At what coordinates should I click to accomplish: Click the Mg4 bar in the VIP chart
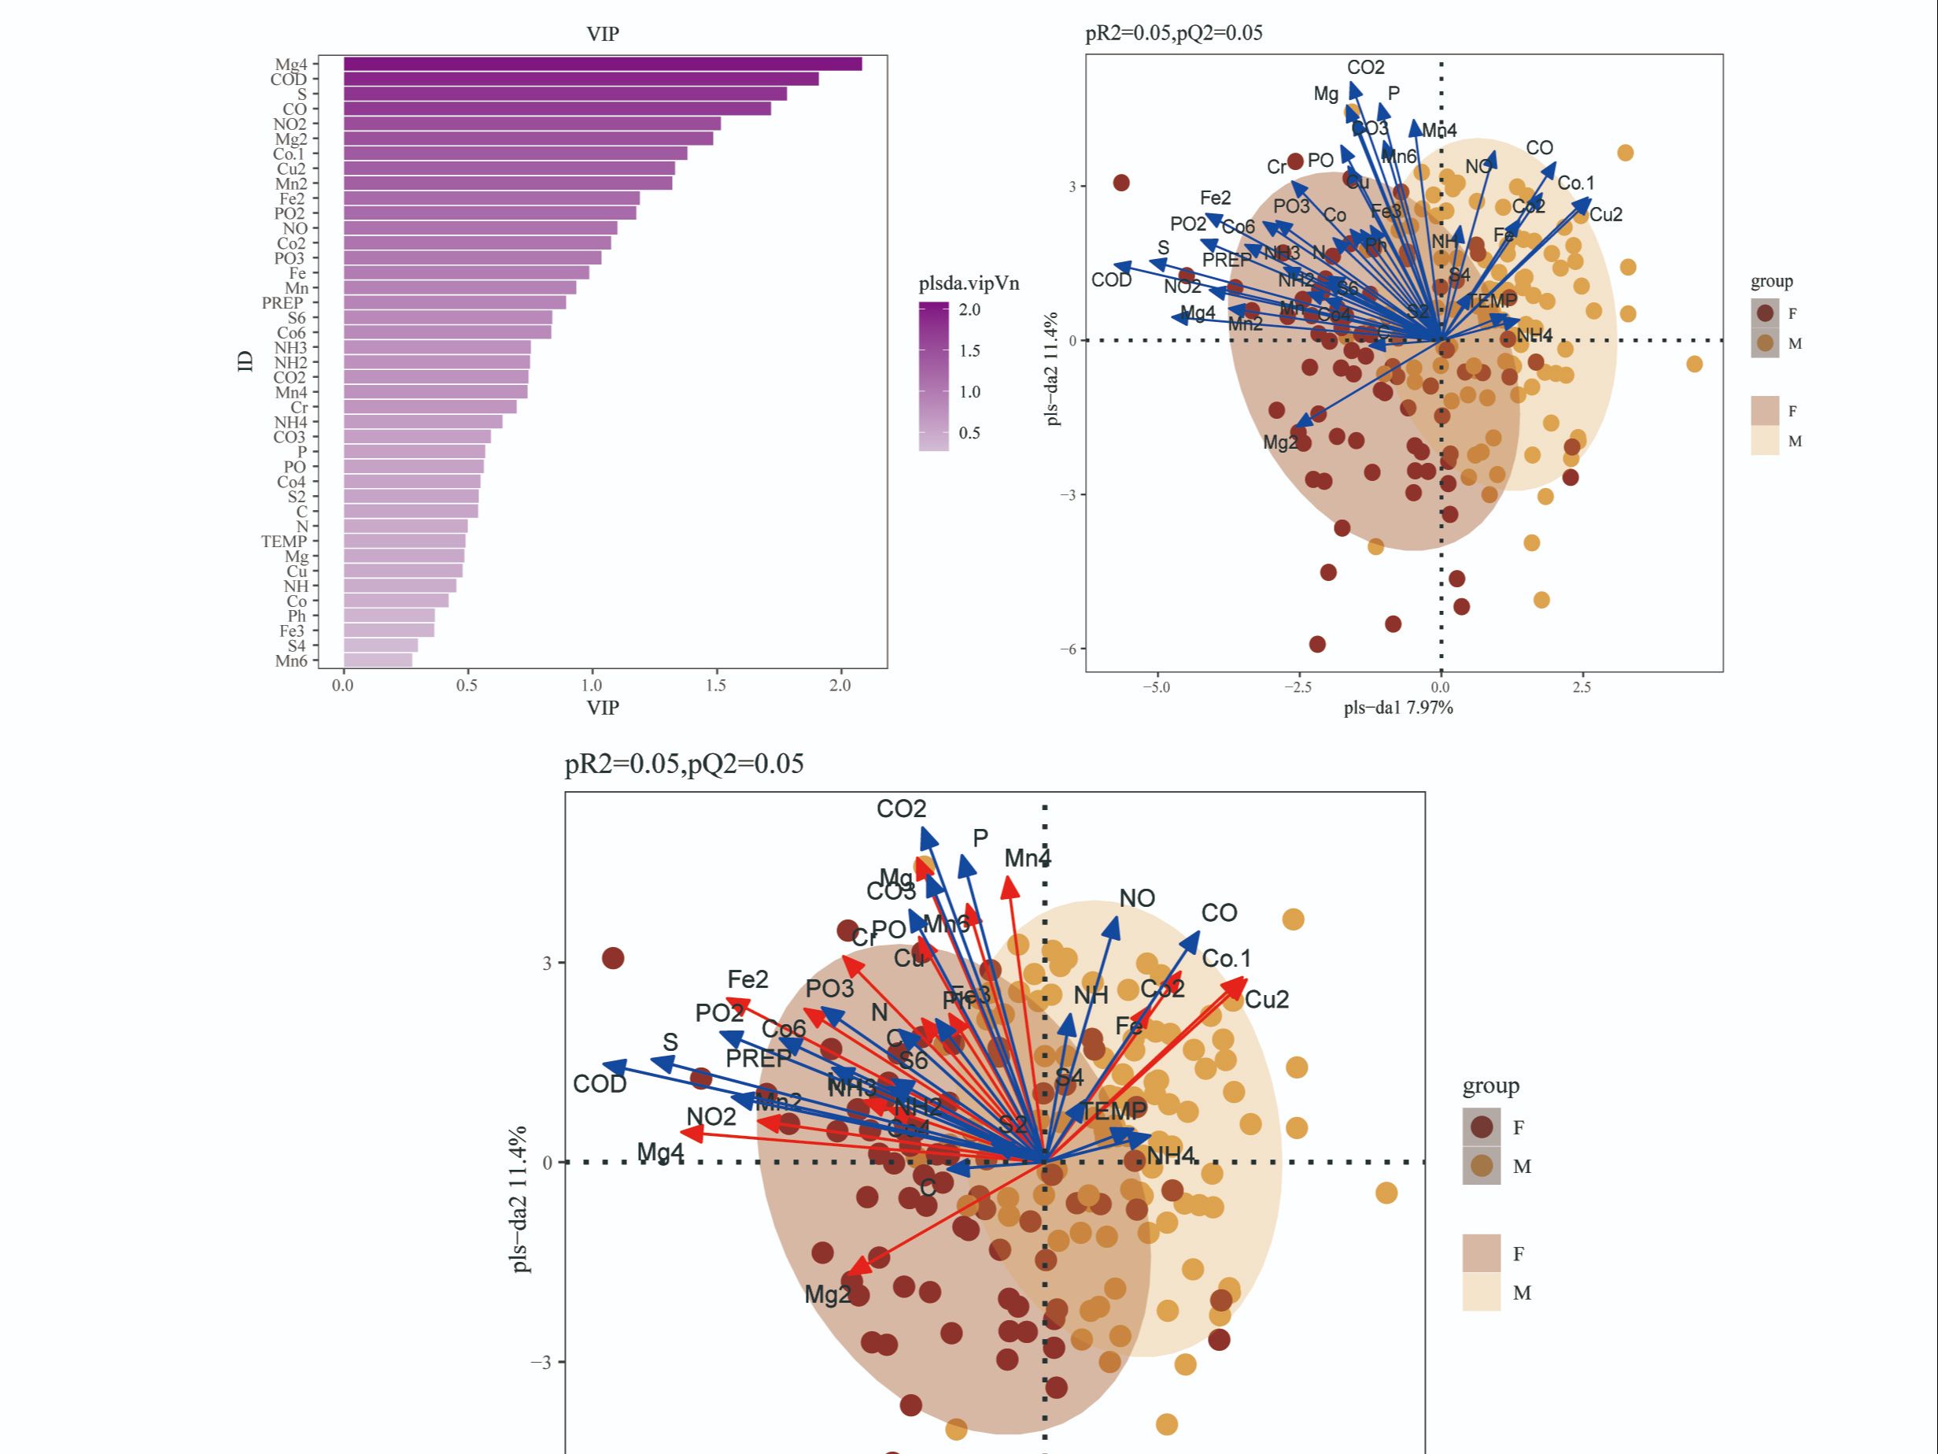[602, 64]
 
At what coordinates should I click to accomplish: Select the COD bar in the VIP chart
[580, 79]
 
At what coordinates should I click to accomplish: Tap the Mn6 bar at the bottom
[378, 660]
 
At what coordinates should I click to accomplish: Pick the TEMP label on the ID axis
[283, 542]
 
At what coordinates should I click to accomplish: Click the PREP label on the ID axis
[282, 303]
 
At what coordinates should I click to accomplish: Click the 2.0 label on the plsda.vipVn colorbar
[970, 310]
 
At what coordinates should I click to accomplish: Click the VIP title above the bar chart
[603, 34]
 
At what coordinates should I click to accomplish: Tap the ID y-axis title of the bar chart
[245, 361]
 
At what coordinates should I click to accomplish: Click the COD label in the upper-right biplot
[1111, 280]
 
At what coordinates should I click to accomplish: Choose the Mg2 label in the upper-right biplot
[1279, 442]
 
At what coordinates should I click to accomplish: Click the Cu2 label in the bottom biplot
[1266, 1000]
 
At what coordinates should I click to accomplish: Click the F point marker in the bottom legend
[1482, 1127]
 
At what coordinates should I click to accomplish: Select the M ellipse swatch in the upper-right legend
[1766, 441]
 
